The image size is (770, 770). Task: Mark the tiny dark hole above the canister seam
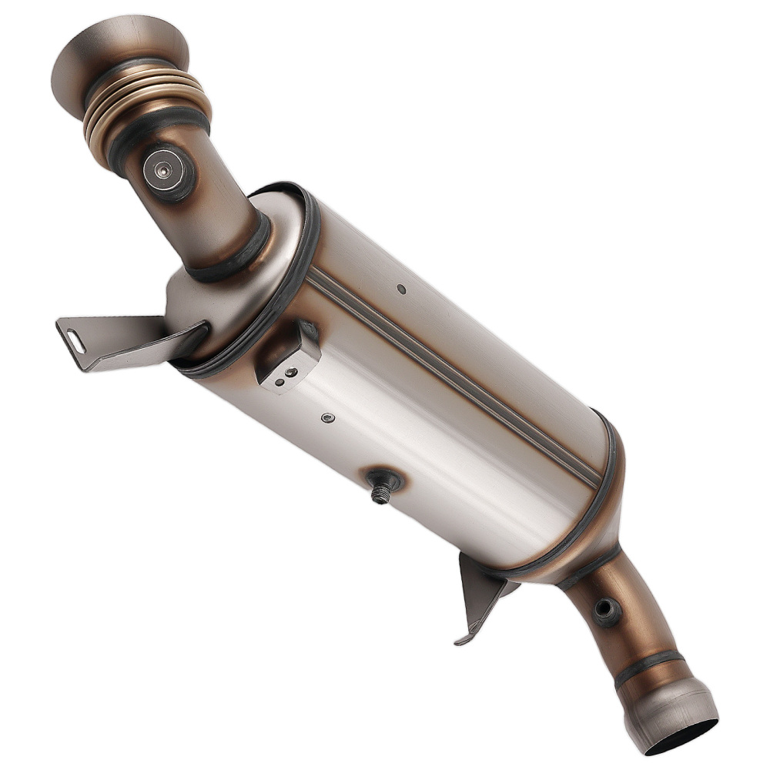[401, 290]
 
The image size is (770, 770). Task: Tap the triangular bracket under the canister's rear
[481, 593]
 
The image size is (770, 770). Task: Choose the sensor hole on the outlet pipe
[604, 611]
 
